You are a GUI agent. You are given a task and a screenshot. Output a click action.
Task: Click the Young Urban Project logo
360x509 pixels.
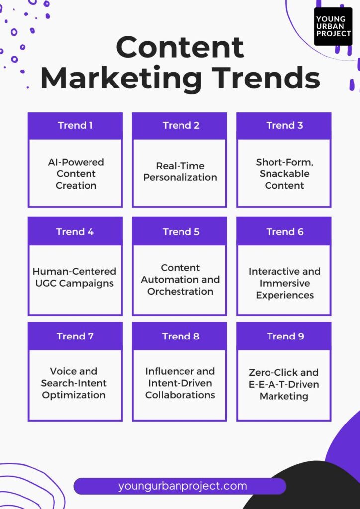tap(333, 26)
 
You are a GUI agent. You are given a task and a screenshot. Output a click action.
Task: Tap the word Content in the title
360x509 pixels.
tap(180, 47)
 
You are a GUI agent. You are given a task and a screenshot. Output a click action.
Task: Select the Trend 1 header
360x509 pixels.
tap(75, 126)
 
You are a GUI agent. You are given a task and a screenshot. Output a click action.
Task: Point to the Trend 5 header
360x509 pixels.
tap(180, 232)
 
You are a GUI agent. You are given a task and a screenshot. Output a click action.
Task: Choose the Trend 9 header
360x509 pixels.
tap(284, 336)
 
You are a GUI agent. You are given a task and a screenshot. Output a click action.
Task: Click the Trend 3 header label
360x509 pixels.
tap(284, 125)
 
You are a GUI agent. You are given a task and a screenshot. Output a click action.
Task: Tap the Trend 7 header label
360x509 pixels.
tap(75, 337)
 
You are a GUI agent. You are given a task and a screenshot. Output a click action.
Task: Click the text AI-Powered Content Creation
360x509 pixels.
tap(76, 173)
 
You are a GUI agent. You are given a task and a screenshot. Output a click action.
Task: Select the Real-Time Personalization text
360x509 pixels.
tap(180, 171)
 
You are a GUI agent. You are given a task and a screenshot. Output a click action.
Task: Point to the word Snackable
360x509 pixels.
tap(284, 173)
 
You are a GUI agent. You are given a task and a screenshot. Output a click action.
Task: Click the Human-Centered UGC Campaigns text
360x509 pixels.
tap(75, 277)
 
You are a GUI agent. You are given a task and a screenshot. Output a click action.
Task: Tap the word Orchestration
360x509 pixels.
tap(180, 291)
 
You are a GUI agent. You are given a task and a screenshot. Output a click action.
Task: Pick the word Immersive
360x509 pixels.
tap(284, 283)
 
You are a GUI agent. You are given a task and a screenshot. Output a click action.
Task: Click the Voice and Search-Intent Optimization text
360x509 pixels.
tap(74, 383)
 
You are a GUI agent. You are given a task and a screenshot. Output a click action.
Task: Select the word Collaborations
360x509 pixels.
tap(180, 395)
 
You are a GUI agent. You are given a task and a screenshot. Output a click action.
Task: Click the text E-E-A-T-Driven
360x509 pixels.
tap(284, 384)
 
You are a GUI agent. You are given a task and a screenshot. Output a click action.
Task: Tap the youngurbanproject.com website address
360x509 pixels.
tap(182, 486)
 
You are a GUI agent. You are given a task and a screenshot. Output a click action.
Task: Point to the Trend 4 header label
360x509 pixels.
tap(75, 232)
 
